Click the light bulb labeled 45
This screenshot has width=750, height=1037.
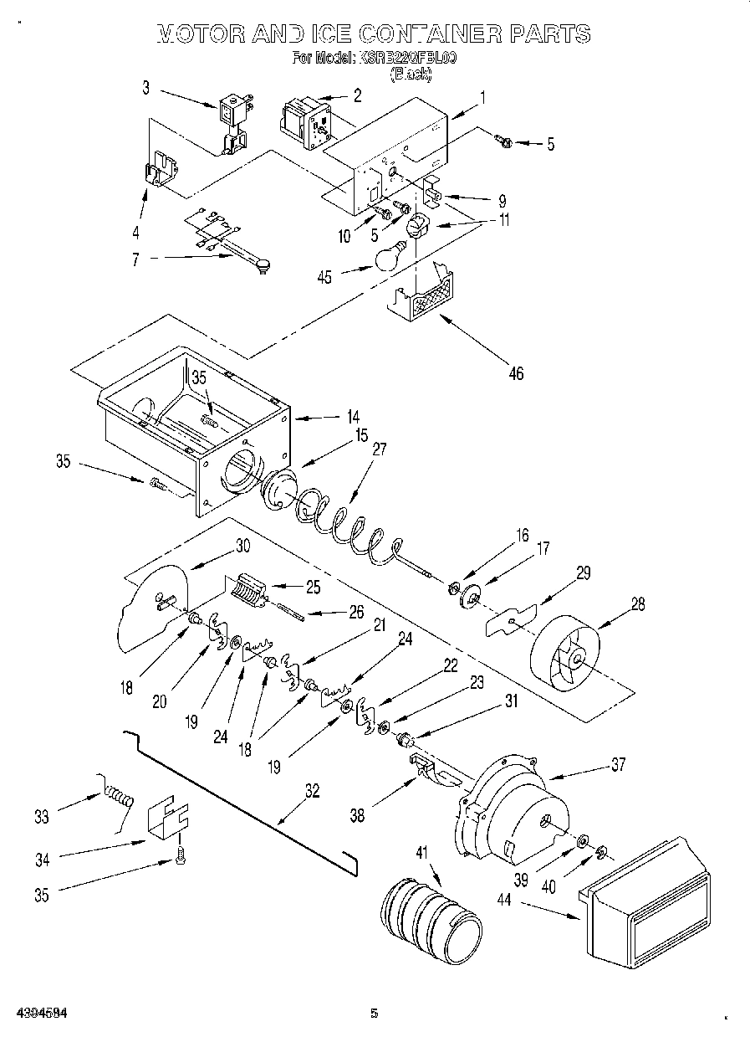pyautogui.click(x=390, y=257)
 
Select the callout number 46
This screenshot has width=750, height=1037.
pyautogui.click(x=516, y=373)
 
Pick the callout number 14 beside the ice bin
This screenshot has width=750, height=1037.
pyautogui.click(x=353, y=416)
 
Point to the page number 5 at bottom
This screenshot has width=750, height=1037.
pyautogui.click(x=375, y=1014)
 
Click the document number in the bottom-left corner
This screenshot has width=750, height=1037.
pyautogui.click(x=41, y=1014)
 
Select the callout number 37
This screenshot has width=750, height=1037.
pyautogui.click(x=618, y=763)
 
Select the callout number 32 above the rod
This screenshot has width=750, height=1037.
pyautogui.click(x=311, y=791)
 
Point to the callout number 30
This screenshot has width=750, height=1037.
pyautogui.click(x=242, y=546)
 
